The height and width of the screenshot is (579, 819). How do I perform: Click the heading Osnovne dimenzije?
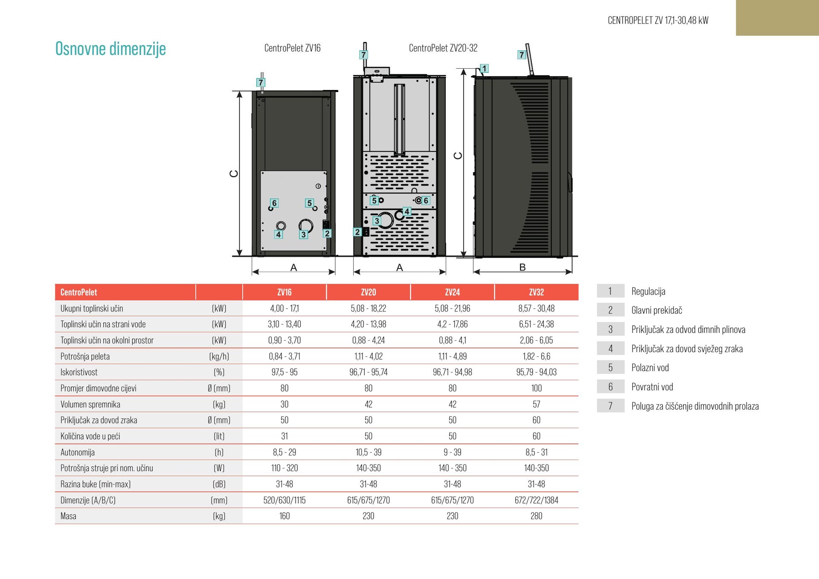click(110, 49)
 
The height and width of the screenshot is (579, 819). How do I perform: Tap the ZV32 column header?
click(536, 292)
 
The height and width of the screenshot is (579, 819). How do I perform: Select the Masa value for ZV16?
click(285, 516)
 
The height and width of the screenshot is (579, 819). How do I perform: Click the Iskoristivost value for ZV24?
click(452, 372)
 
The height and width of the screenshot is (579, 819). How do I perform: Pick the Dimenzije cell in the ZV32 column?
click(536, 500)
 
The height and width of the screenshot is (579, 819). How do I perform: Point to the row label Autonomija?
click(78, 452)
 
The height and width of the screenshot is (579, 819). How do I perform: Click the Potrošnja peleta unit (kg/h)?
click(219, 356)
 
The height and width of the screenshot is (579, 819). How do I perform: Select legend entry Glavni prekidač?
click(656, 310)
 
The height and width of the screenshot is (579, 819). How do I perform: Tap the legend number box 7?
click(610, 406)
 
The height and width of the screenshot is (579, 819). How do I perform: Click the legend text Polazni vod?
click(650, 368)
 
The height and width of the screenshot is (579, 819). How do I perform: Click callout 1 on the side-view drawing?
click(484, 68)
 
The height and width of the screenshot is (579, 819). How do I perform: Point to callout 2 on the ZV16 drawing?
click(327, 233)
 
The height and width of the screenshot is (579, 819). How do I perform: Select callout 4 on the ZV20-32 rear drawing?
click(407, 211)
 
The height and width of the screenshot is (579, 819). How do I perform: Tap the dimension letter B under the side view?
click(523, 267)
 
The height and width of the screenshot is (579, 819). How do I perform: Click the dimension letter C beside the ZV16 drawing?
click(234, 174)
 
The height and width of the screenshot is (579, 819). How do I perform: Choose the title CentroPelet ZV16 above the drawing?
click(292, 48)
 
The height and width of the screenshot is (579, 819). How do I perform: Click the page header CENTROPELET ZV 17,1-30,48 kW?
click(658, 20)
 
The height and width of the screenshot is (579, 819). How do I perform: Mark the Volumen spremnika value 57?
click(536, 404)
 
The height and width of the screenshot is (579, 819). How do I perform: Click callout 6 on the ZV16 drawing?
click(274, 203)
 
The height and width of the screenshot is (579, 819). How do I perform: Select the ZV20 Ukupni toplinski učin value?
click(369, 308)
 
